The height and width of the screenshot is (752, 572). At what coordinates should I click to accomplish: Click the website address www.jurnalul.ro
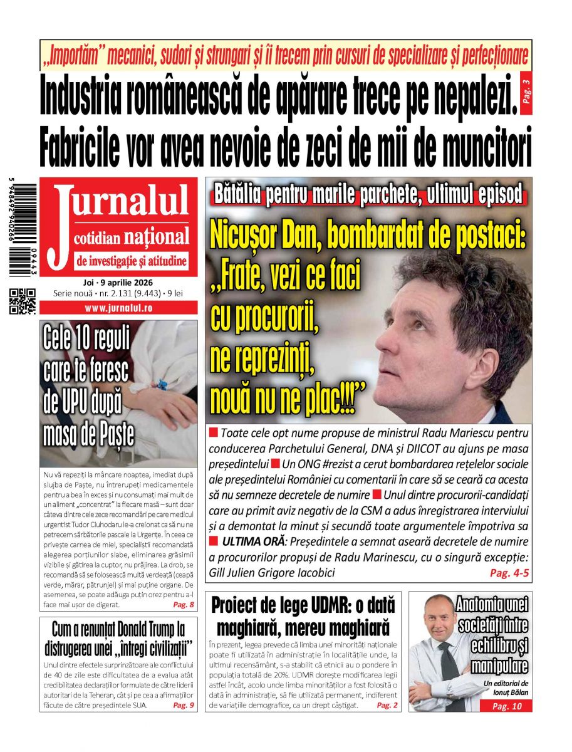click(x=118, y=308)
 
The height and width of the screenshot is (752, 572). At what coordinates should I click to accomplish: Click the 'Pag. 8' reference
click(x=184, y=605)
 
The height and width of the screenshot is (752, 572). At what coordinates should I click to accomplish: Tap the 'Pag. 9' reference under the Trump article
click(x=184, y=706)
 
